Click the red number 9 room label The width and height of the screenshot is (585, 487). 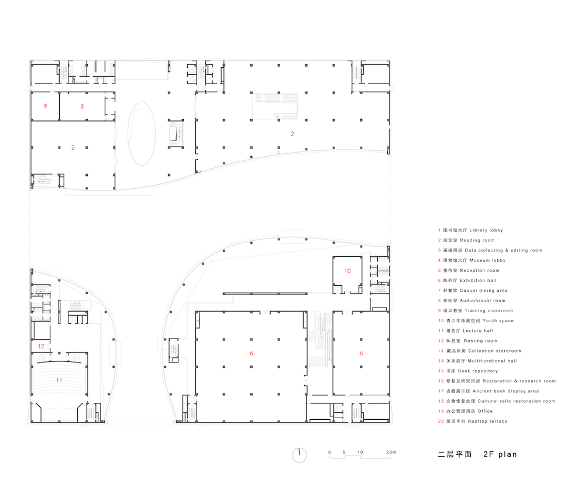coord(46,106)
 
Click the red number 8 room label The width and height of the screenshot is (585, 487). coord(82,106)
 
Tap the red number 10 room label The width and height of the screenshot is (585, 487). coord(347,271)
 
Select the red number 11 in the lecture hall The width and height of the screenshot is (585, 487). coord(59,381)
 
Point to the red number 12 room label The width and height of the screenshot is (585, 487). coord(41,346)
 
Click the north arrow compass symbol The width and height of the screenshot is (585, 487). coord(299,455)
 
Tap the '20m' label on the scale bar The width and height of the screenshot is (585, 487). coord(391,452)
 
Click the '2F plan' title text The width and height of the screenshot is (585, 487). coord(500,454)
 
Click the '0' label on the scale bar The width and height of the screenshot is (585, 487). coord(329,452)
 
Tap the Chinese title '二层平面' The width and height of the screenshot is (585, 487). coord(455,454)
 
